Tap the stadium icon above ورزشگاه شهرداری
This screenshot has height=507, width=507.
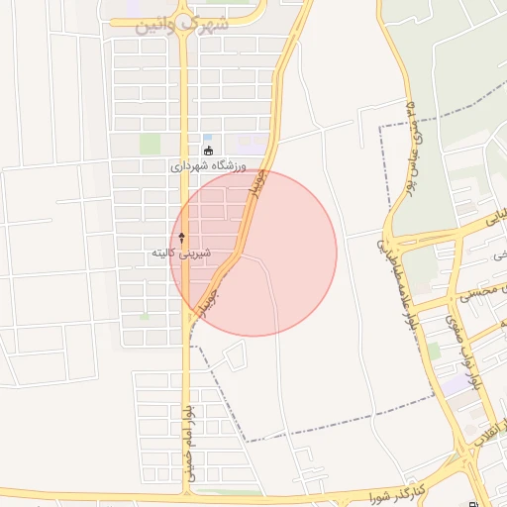pyautogui.click(x=207, y=152)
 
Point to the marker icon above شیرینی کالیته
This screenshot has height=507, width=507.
pyautogui.click(x=182, y=238)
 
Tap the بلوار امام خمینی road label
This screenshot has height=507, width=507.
pyautogui.click(x=188, y=442)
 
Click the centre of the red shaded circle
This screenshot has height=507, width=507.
pyautogui.click(x=253, y=253)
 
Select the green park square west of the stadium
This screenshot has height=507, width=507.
pyautogui.click(x=150, y=145)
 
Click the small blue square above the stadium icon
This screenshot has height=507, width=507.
pyautogui.click(x=207, y=138)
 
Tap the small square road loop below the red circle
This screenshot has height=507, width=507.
pyautogui.click(x=235, y=355)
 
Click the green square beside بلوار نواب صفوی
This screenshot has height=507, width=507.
pyautogui.click(x=433, y=351)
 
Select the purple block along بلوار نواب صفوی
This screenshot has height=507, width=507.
pyautogui.click(x=454, y=387)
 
